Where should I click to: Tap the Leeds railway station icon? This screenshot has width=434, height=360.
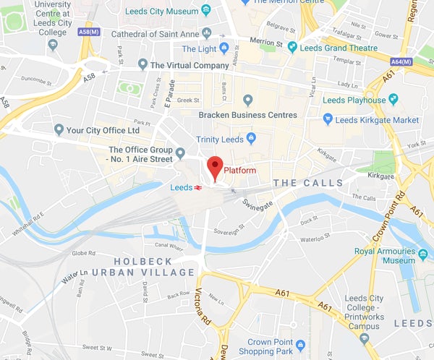coord(197,187)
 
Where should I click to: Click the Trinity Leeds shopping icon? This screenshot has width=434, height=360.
coord(251,138)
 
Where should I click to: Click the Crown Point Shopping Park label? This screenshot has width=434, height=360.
coord(270,348)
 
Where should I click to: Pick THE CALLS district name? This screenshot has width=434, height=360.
coord(308,183)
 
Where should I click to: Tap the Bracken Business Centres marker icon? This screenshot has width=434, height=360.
coord(248,100)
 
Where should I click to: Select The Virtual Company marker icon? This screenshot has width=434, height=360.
coord(142,65)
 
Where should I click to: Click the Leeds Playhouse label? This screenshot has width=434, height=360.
coord(354,100)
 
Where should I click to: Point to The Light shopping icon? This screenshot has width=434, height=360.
coord(224,48)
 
